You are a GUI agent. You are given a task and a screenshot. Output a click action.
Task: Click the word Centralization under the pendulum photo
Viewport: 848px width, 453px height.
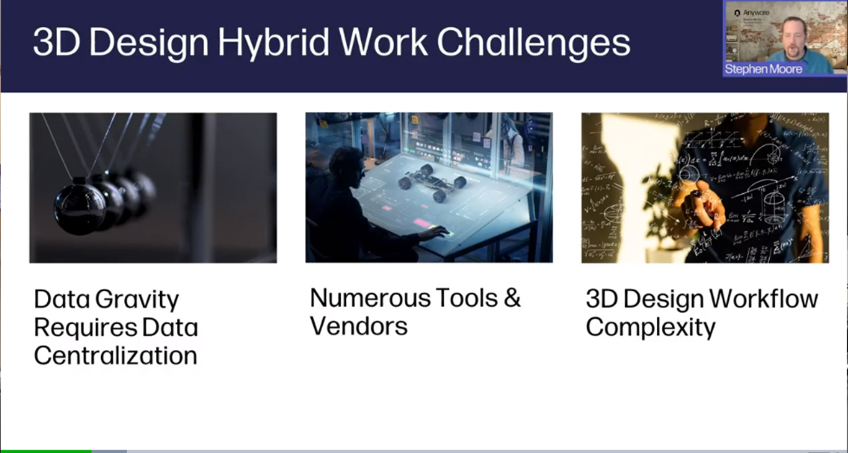[115, 356]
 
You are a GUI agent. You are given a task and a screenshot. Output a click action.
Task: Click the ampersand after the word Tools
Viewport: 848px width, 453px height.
[512, 298]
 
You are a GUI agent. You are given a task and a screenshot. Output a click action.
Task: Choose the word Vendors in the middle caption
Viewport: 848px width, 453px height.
[359, 326]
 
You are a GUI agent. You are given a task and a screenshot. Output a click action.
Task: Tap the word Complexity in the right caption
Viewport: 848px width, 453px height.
[651, 327]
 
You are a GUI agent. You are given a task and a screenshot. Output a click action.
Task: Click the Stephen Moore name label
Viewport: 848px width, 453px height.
[764, 70]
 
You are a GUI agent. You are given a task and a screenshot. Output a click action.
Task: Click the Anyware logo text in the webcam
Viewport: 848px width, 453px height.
[756, 12]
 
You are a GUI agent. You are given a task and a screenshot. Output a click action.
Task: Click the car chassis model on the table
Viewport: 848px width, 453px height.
[432, 182]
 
